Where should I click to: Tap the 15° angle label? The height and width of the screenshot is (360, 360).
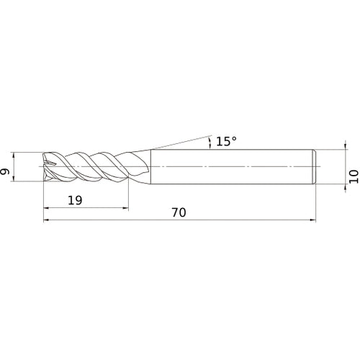pyautogui.click(x=225, y=142)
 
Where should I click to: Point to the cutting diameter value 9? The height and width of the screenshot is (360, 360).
pyautogui.click(x=6, y=171)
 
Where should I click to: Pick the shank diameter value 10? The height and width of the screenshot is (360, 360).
pyautogui.click(x=353, y=176)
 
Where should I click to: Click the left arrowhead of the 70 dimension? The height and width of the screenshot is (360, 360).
pyautogui.click(x=47, y=221)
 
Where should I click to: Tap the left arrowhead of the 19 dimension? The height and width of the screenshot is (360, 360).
pyautogui.click(x=47, y=209)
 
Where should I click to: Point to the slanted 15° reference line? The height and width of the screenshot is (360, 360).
pyautogui.click(x=180, y=143)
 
